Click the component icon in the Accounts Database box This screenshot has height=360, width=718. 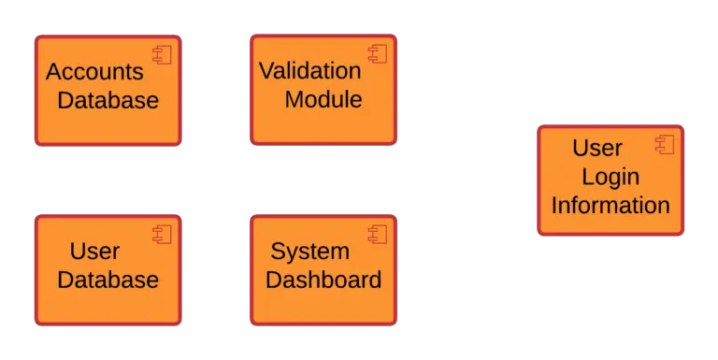[163, 55]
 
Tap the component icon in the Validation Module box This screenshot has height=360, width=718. [378, 54]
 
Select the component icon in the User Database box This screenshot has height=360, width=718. [163, 234]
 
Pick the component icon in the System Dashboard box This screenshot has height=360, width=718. [378, 234]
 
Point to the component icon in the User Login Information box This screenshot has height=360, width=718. [665, 144]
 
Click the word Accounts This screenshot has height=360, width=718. [94, 72]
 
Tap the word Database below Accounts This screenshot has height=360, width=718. [108, 100]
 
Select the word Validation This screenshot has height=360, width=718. [309, 71]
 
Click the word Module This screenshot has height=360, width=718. [323, 99]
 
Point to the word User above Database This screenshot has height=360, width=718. [94, 251]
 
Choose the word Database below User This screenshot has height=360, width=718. [108, 279]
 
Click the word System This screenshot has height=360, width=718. [309, 251]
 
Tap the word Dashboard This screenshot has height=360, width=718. [323, 279]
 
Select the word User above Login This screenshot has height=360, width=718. [597, 148]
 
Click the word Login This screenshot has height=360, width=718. [610, 176]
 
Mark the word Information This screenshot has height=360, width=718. [610, 205]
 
